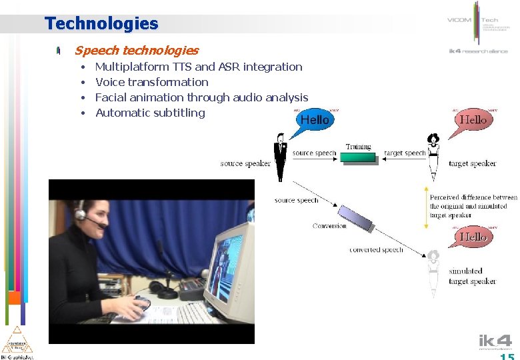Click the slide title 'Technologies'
click(101, 24)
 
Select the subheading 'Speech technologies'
click(136, 51)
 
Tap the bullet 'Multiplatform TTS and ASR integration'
click(199, 67)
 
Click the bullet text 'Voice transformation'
click(151, 82)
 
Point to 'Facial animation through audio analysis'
click(201, 97)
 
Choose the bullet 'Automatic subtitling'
click(150, 113)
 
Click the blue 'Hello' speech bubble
click(314, 120)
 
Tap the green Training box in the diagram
click(358, 157)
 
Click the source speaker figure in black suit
click(281, 157)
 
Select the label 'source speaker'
click(245, 163)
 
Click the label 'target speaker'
click(472, 163)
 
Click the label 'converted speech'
click(376, 250)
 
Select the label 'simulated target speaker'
click(472, 276)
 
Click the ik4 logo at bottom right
click(495, 342)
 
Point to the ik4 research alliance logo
click(478, 51)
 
